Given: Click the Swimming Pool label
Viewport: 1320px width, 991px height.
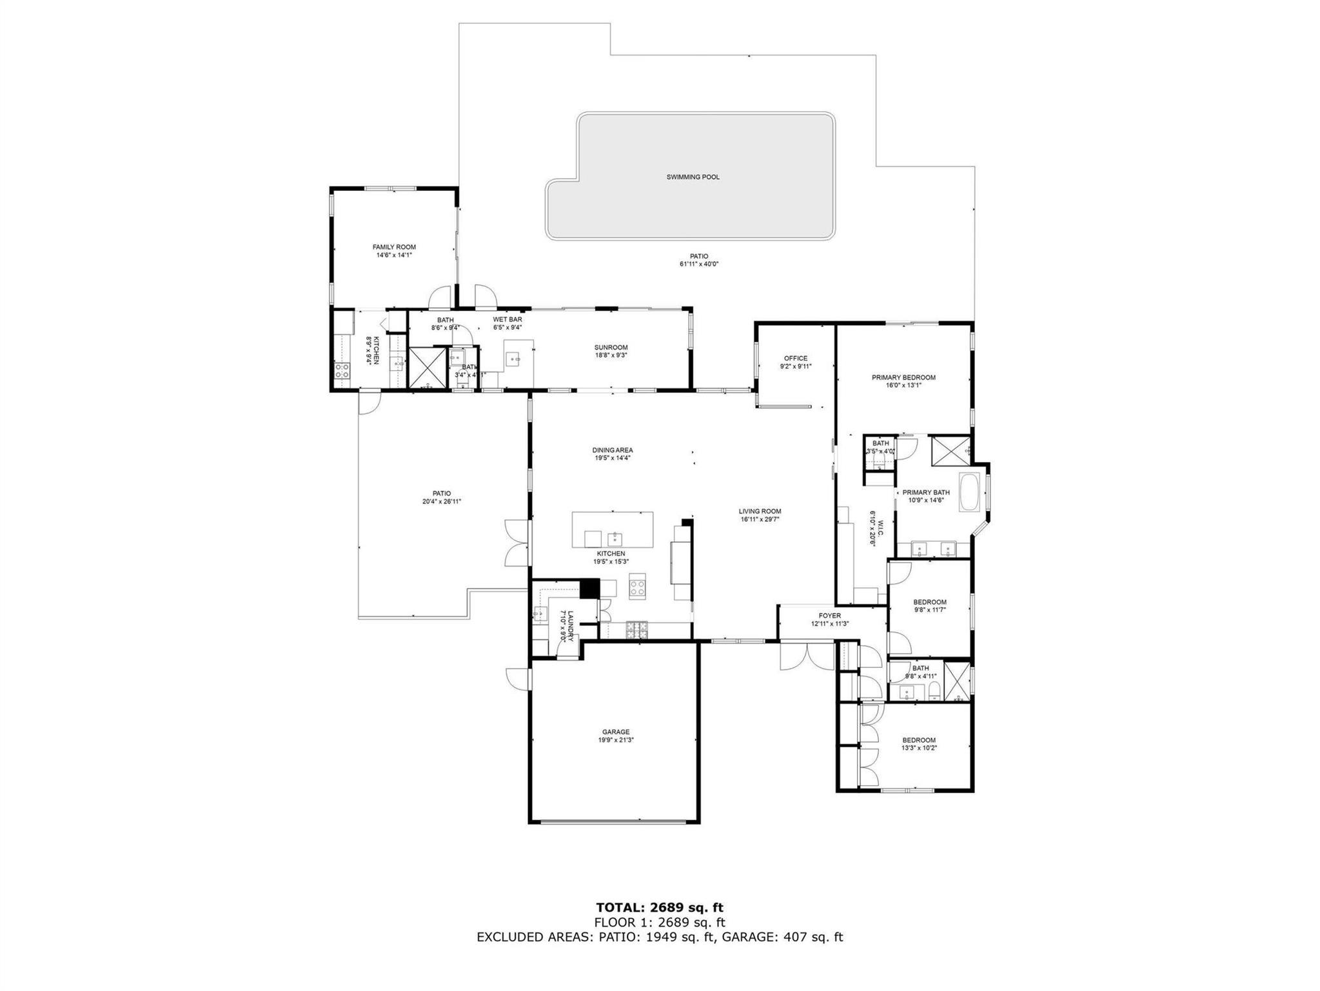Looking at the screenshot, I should pyautogui.click(x=693, y=177).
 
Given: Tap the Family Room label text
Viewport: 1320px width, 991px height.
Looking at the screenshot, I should pyautogui.click(x=394, y=247).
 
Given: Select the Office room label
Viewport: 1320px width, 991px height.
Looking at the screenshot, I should pyautogui.click(x=795, y=359).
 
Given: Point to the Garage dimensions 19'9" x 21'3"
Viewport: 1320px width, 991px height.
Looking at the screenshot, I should pyautogui.click(x=615, y=740).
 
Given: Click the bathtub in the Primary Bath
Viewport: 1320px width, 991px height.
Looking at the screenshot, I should pyautogui.click(x=969, y=492).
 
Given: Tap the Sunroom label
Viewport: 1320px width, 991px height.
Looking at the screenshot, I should pyautogui.click(x=611, y=347).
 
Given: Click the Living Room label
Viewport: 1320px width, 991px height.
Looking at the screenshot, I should pyautogui.click(x=760, y=511).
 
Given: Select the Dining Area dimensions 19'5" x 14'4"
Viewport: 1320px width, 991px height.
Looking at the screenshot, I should pyautogui.click(x=612, y=458).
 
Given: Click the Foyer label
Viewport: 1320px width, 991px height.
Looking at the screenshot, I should pyautogui.click(x=829, y=616).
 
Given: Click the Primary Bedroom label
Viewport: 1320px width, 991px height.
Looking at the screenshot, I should pyautogui.click(x=903, y=377).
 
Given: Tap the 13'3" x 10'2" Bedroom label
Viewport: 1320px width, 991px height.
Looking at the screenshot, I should pyautogui.click(x=918, y=740).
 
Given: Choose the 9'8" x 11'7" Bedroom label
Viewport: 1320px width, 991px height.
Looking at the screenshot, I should pyautogui.click(x=929, y=602).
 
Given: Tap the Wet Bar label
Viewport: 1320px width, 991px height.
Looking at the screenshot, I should pyautogui.click(x=507, y=319).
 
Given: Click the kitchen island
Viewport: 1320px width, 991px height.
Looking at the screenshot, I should pyautogui.click(x=612, y=529).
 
